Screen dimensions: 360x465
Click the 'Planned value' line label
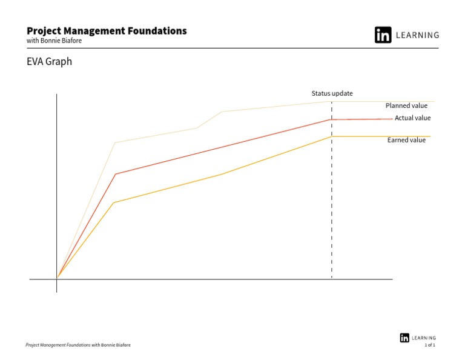click(x=406, y=105)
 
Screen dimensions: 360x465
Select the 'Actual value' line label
click(x=412, y=118)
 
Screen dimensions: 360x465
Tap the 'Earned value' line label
click(x=406, y=140)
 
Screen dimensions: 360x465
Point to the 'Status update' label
click(x=332, y=93)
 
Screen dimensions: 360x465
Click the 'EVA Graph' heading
click(x=50, y=62)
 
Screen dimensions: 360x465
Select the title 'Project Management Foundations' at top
click(x=107, y=31)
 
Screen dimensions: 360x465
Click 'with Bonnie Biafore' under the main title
click(x=54, y=41)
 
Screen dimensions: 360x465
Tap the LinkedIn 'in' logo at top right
click(x=383, y=35)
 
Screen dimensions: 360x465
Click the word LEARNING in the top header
click(x=417, y=35)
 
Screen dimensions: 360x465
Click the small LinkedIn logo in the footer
click(x=404, y=338)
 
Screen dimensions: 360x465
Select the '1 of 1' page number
click(x=430, y=345)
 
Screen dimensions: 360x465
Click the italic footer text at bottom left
click(x=77, y=345)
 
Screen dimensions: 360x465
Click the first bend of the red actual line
click(x=115, y=174)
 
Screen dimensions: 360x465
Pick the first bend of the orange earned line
click(x=114, y=202)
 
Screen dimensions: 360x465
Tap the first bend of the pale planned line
click(x=115, y=142)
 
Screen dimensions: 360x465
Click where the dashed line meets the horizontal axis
click(x=332, y=279)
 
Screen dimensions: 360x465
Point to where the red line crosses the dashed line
click(x=332, y=119)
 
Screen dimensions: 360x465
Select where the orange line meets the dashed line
click(x=332, y=136)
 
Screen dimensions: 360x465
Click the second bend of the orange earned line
click(x=221, y=174)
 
